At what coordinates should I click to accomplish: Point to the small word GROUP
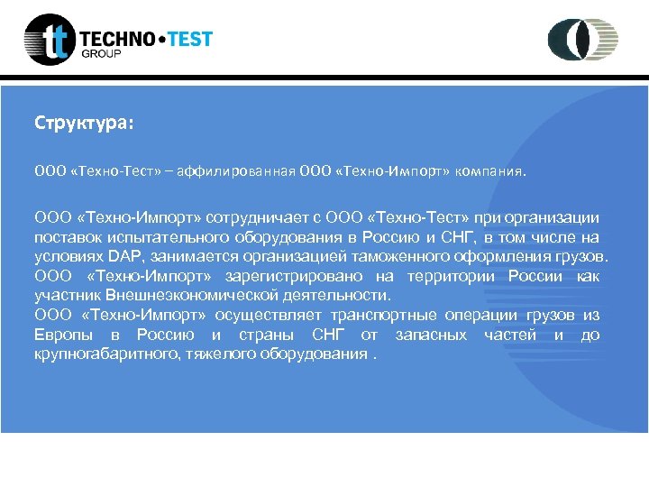tap(101, 54)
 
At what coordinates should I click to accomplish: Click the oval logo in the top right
tap(583, 40)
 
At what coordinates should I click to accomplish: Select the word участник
tap(67, 295)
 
